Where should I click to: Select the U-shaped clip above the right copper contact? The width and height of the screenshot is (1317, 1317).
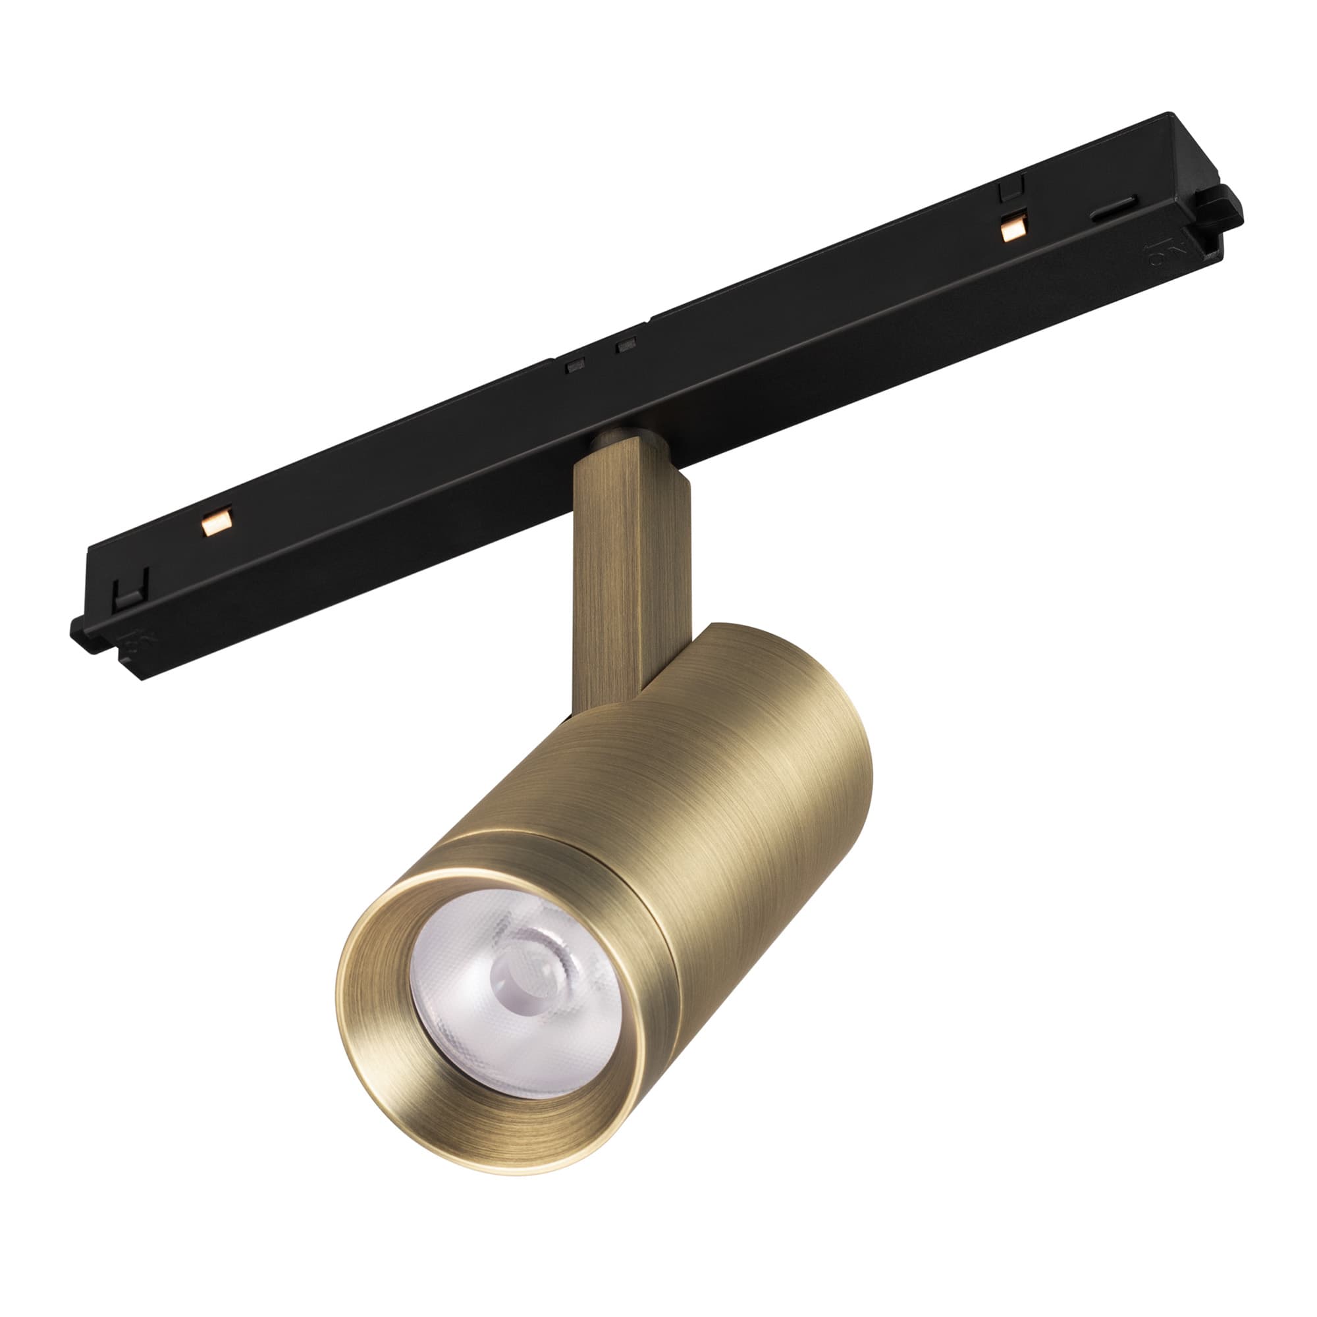(x=1011, y=187)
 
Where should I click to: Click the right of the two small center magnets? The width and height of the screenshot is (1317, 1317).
(x=626, y=346)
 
